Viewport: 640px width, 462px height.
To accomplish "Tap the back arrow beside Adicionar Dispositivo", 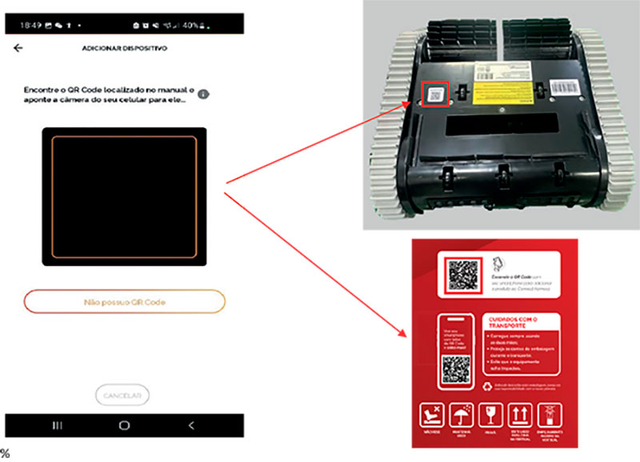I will [x=18, y=48].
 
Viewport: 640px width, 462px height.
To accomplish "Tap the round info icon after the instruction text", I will [x=204, y=94].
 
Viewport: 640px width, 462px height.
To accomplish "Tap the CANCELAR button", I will [x=122, y=395].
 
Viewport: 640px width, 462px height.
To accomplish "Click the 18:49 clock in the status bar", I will [x=30, y=25].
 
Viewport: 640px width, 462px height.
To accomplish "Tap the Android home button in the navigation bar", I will [x=124, y=424].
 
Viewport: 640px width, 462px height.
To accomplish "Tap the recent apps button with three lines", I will [x=58, y=424].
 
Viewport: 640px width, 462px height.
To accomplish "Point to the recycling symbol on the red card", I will [x=487, y=387].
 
